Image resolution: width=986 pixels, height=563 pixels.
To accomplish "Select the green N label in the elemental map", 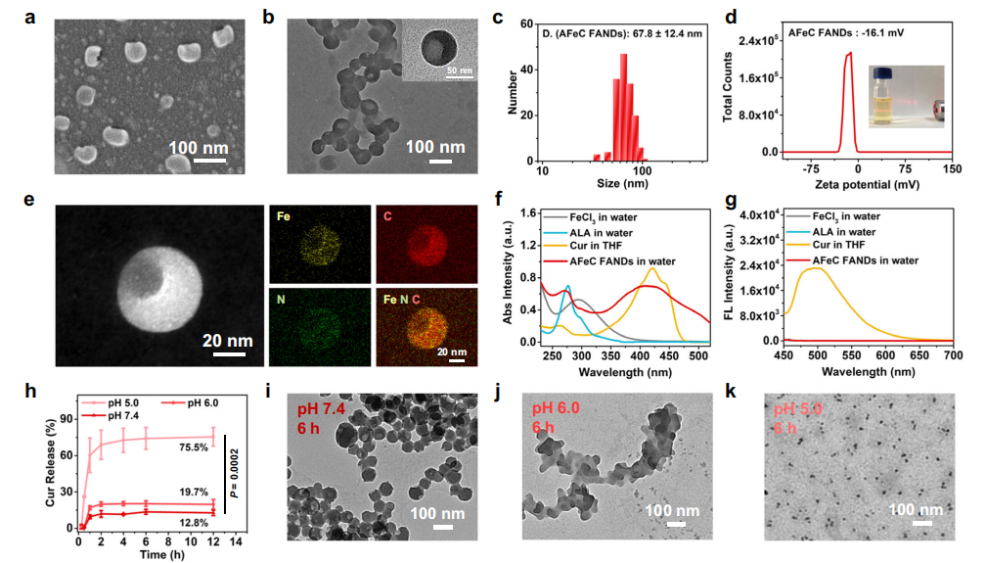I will [283, 295].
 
